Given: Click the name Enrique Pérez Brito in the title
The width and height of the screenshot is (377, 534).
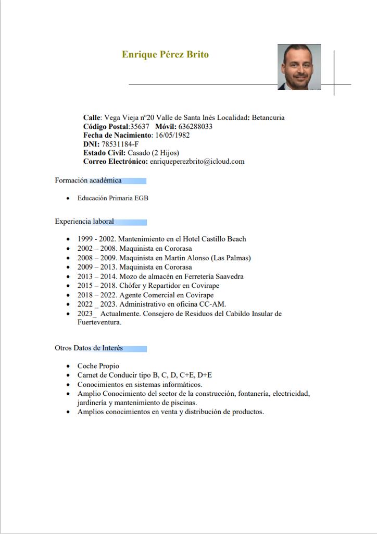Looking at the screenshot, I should tap(165, 55).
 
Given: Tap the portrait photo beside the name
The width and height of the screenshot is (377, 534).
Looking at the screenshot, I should tap(299, 67).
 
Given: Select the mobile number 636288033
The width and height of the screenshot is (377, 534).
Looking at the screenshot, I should tap(195, 126).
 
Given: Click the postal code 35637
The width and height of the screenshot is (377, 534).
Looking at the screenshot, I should tap(140, 126).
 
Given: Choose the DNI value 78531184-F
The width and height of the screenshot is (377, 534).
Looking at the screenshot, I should tap(120, 144).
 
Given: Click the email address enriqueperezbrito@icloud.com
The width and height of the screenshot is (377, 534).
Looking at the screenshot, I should tap(197, 162).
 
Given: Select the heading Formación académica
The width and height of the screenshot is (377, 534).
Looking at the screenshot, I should tap(88, 180).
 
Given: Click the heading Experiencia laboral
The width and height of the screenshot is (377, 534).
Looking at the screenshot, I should tap(84, 222).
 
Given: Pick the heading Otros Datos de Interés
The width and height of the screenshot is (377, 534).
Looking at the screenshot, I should tap(89, 348).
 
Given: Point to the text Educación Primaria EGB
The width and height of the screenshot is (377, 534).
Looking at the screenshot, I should tap(113, 198).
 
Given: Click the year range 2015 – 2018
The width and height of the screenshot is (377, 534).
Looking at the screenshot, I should tap(97, 286).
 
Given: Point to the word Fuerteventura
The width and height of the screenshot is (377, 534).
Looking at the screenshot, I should tap(99, 322).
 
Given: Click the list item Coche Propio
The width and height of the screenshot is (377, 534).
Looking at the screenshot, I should tap(98, 366).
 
